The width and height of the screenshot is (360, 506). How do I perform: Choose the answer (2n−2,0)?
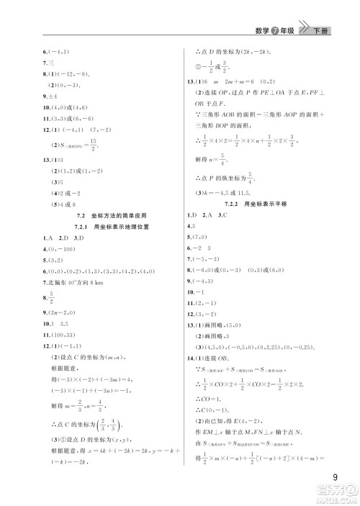point(66,310)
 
